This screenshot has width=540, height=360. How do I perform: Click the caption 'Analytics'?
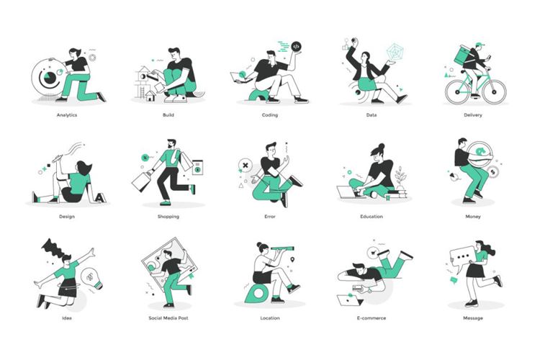[x=67, y=115]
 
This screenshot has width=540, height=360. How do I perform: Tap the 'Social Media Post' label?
[x=168, y=318]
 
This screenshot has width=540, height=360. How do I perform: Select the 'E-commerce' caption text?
[x=372, y=318]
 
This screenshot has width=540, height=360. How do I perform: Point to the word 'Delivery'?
[x=473, y=115]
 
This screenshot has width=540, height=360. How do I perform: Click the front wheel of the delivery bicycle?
[x=494, y=92]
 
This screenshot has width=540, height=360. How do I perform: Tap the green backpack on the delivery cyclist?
[x=462, y=55]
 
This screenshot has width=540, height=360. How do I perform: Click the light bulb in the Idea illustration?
[x=91, y=279]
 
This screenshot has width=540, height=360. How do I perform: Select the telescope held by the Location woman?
[x=283, y=248]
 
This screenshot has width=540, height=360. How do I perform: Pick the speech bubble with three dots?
[x=462, y=256]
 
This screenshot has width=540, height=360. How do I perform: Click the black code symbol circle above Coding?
[x=296, y=46]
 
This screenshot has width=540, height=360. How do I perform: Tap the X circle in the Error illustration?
[x=246, y=165]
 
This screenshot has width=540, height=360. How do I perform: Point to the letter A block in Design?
[x=100, y=197]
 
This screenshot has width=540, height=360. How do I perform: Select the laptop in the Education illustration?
[x=348, y=192]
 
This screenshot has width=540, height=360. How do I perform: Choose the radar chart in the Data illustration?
[x=395, y=52]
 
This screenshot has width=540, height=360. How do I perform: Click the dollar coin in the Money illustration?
[x=492, y=171]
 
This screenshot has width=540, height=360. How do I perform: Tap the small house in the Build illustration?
[x=150, y=96]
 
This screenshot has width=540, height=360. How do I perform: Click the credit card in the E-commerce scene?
[x=356, y=287]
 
